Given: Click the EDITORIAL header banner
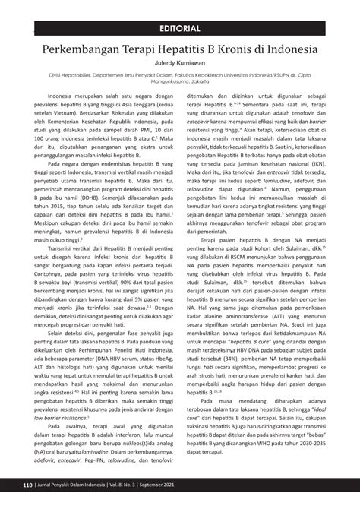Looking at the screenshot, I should point(180,29).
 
